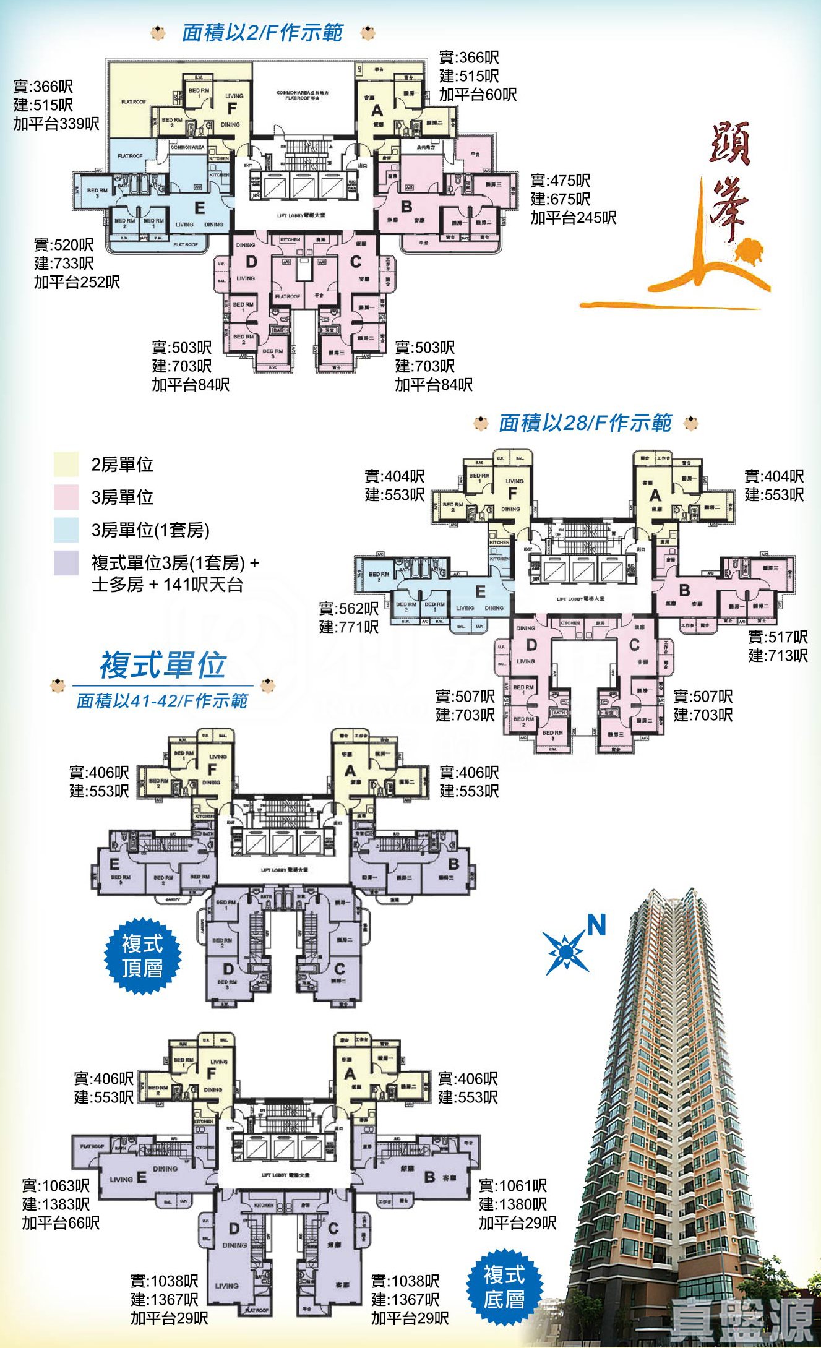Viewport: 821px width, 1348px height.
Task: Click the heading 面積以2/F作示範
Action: point(262,32)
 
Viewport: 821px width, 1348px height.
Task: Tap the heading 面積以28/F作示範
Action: point(585,423)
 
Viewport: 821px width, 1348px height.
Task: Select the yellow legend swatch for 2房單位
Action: point(66,465)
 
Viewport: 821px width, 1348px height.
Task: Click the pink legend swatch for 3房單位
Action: point(66,497)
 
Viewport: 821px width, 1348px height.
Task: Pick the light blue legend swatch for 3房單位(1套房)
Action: point(66,530)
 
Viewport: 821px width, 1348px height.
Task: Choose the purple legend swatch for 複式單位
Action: point(66,563)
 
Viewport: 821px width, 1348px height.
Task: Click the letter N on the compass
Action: point(596,925)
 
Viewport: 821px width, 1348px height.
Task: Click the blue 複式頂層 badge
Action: point(142,956)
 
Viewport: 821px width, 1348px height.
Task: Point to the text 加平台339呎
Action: point(56,124)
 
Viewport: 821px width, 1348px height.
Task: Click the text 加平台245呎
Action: point(574,218)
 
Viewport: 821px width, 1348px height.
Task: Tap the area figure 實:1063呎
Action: point(56,1186)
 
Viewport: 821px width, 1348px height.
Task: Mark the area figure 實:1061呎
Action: point(513,1186)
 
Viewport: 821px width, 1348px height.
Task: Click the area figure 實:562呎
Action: point(349,609)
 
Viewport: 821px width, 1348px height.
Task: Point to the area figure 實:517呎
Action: point(778,637)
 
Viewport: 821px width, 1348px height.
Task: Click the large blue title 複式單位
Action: point(163,666)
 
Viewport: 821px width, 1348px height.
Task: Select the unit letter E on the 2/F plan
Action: point(199,207)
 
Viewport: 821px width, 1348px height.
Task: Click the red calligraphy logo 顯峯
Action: point(730,179)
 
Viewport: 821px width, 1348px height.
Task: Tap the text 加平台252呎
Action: point(77,283)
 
